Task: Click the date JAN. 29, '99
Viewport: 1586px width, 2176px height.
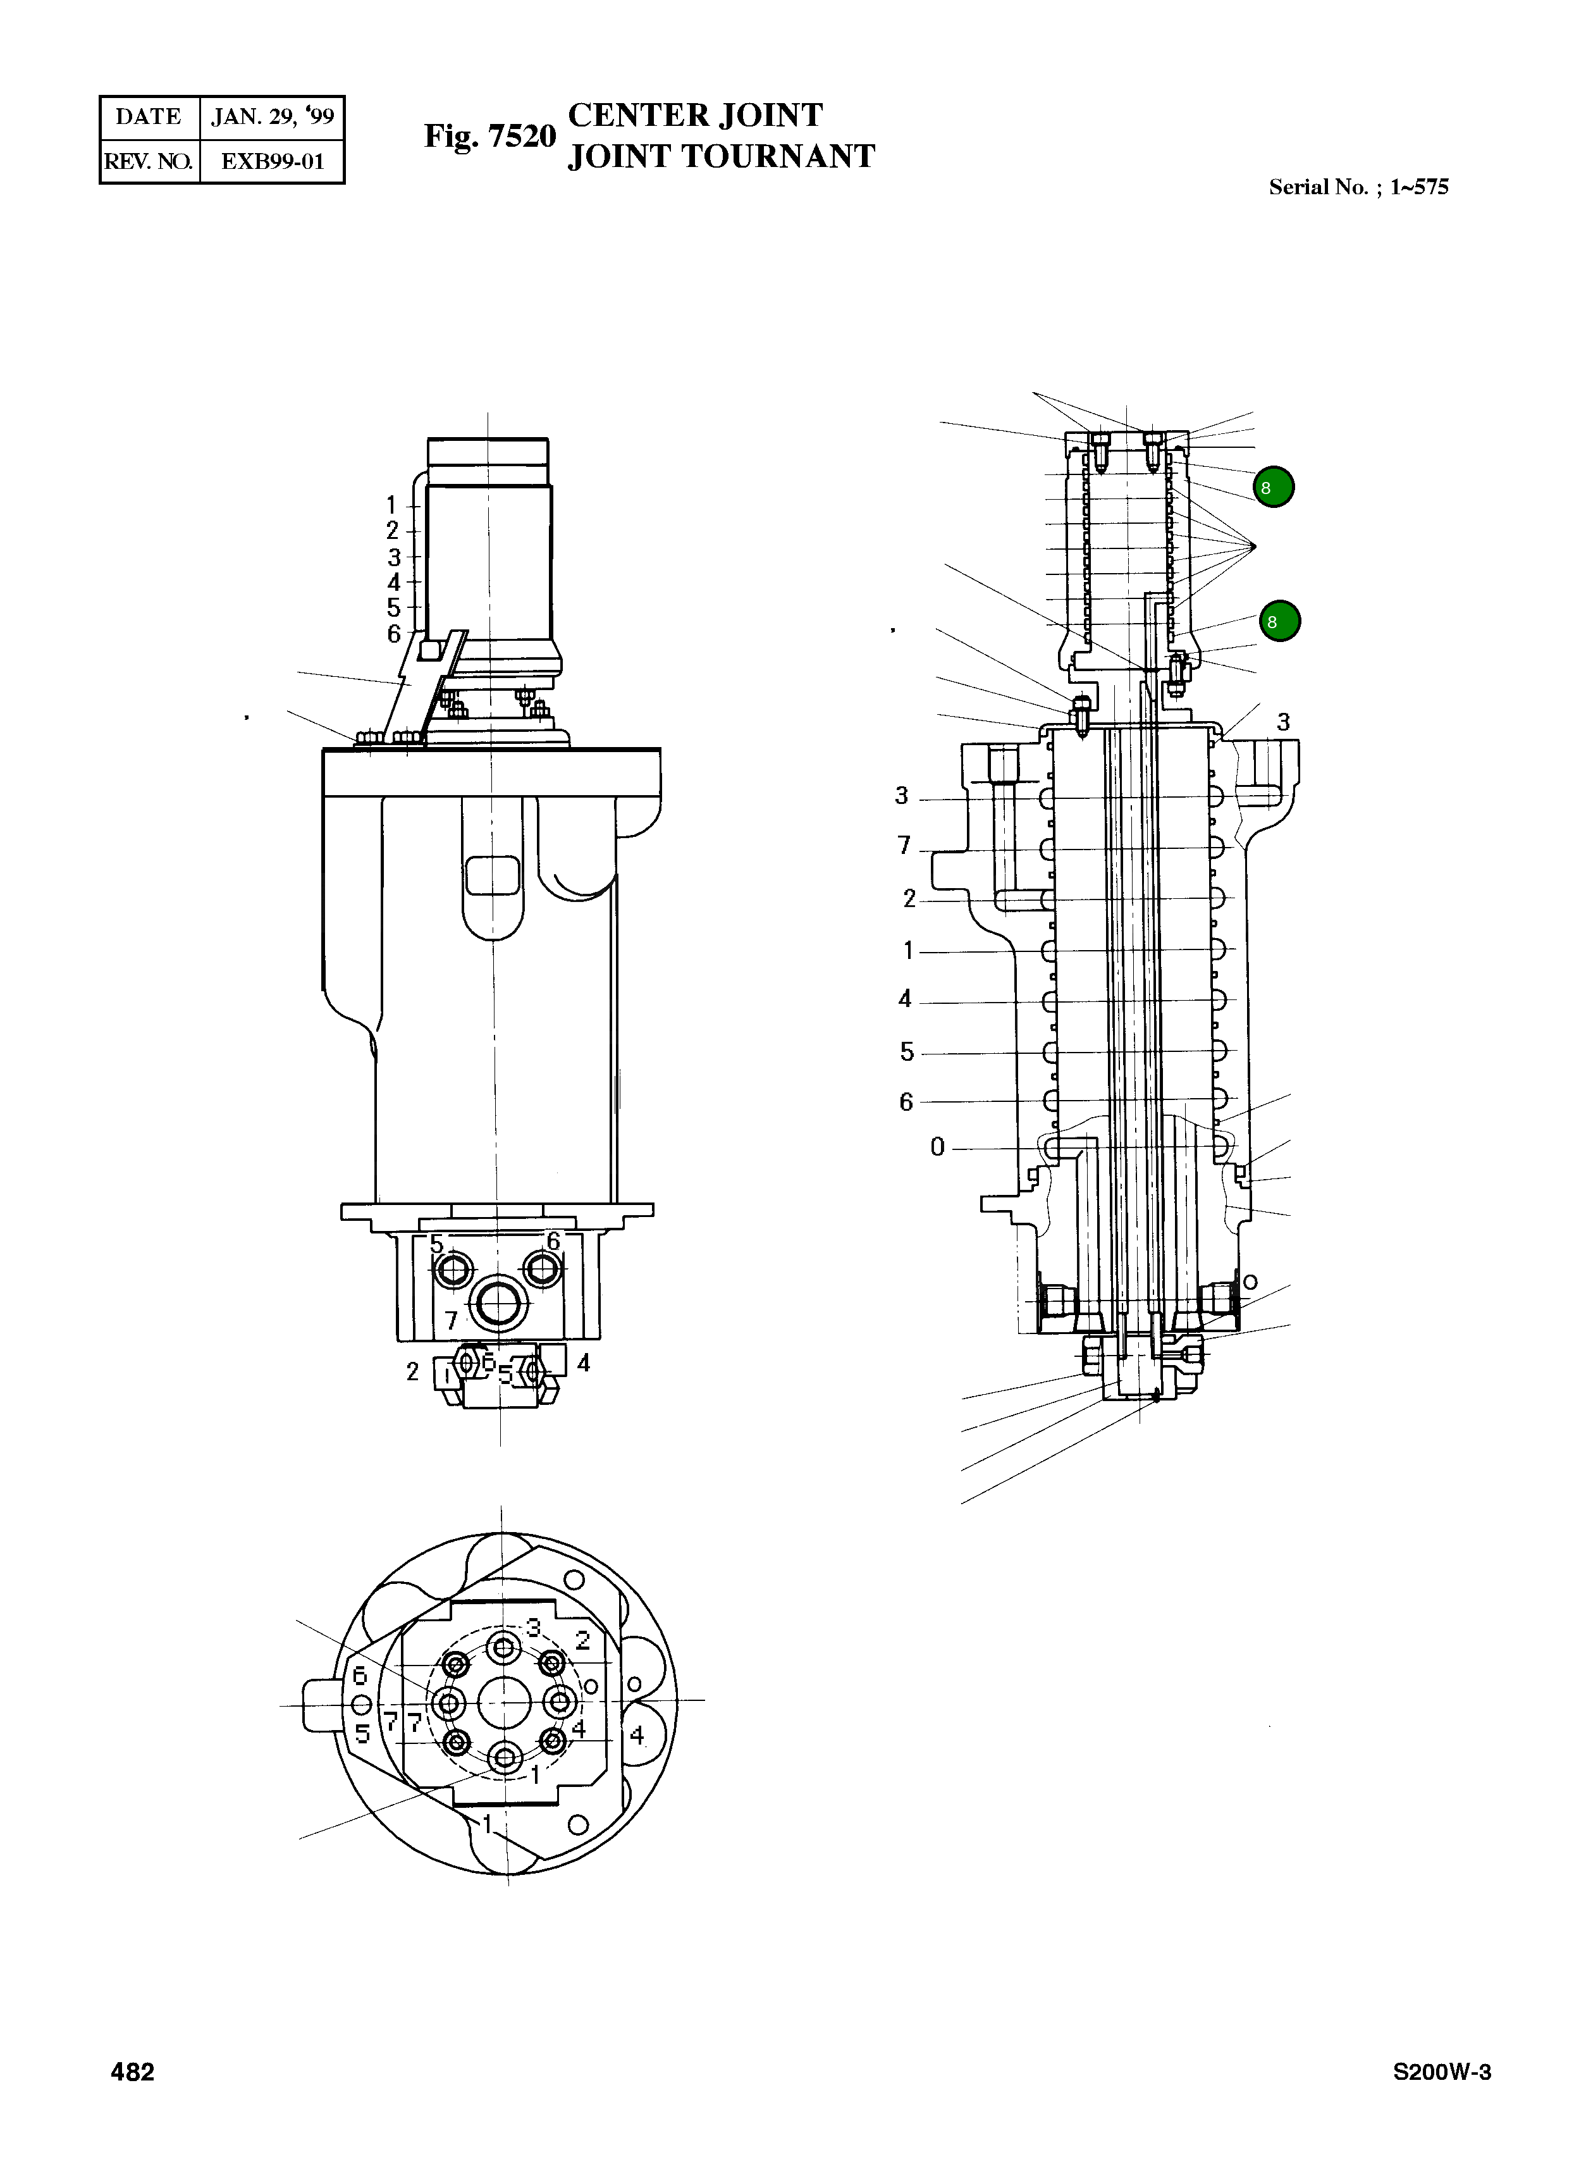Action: click(272, 117)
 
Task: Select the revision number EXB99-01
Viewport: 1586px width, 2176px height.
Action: click(272, 161)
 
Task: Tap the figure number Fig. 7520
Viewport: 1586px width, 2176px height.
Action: click(489, 137)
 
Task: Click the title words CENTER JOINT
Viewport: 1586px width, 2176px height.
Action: click(695, 115)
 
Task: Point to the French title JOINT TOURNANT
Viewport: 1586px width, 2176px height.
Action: click(721, 156)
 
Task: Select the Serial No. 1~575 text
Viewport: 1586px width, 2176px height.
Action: click(1358, 187)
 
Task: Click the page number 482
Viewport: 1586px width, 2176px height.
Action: click(133, 2072)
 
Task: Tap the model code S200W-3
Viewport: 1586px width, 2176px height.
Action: click(1441, 2072)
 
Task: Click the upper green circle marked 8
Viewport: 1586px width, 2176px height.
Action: click(1273, 487)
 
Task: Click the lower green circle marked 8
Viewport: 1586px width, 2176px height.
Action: click(1279, 621)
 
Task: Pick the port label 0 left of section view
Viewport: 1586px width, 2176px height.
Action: click(937, 1147)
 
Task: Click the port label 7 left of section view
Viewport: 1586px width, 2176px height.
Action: click(904, 845)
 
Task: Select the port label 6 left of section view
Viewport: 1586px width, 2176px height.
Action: click(906, 1101)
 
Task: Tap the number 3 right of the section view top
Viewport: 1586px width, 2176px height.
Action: click(1282, 721)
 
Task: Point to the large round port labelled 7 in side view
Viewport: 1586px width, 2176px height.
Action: click(499, 1304)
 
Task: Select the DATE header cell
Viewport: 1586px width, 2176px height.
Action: click(149, 117)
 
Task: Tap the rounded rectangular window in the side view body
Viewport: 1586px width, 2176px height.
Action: click(491, 876)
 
